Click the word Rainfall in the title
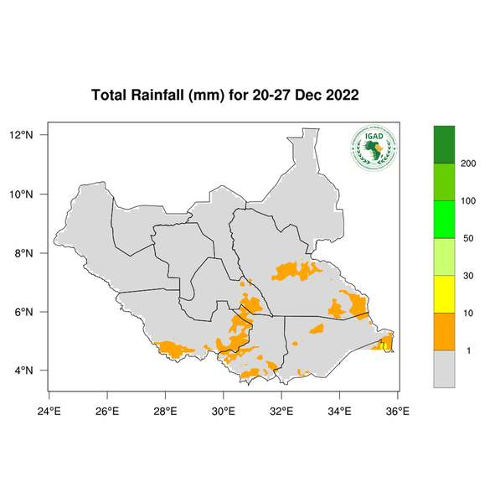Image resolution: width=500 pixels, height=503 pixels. tap(163, 95)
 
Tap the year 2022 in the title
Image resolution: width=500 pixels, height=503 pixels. tap(342, 95)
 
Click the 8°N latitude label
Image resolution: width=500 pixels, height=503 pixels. tap(23, 253)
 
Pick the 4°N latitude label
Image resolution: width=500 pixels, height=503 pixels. tap(23, 371)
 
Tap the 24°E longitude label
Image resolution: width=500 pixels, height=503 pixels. tap(49, 411)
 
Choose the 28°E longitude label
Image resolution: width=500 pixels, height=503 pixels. tap(165, 411)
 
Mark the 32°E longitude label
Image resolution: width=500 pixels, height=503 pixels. tap(281, 411)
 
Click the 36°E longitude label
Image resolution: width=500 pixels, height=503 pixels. tap(397, 411)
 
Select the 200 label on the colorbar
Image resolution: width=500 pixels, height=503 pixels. tap(468, 163)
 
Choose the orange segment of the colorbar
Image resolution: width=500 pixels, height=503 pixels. tap(443, 331)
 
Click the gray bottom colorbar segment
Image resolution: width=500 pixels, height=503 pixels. tap(443, 369)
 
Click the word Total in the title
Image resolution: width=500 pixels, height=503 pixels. tap(108, 95)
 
